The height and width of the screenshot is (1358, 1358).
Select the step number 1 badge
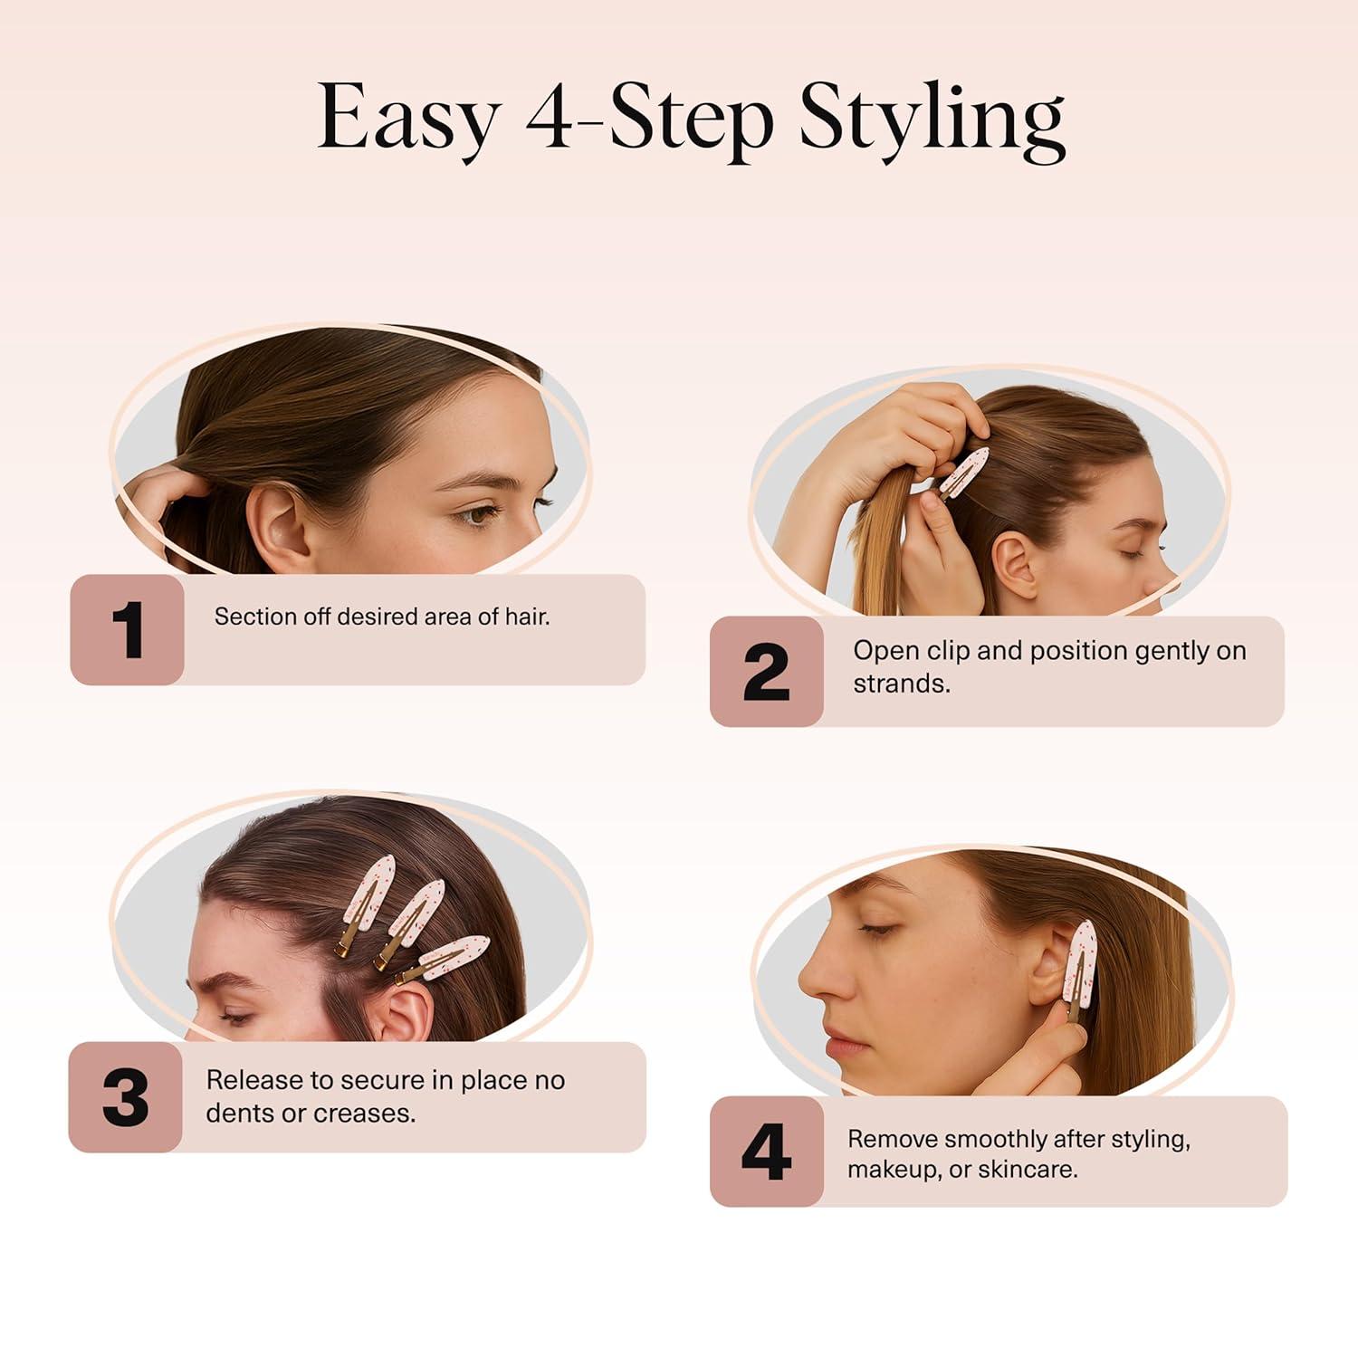128,629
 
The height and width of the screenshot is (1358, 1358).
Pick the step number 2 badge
767,672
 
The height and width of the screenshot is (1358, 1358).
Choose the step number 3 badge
126,1097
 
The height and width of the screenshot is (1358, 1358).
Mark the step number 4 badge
766,1152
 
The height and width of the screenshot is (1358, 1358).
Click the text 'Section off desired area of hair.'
381,617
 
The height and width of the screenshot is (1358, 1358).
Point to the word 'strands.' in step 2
902,684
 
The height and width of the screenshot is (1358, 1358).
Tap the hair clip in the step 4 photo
1080,969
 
